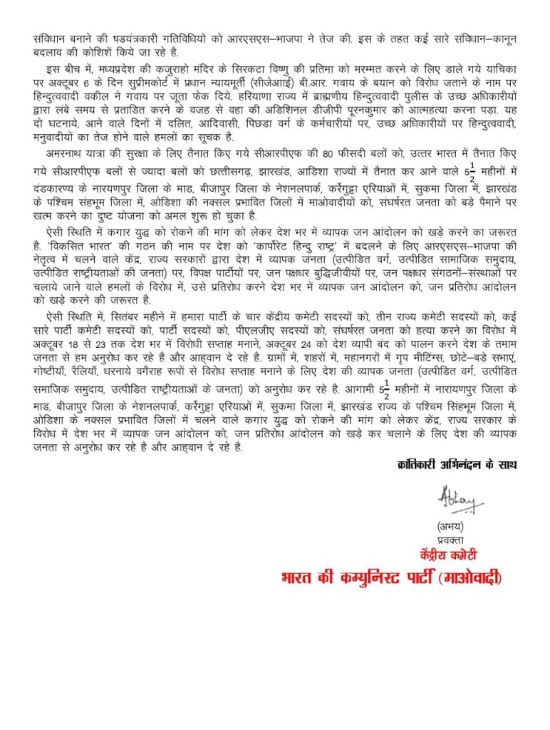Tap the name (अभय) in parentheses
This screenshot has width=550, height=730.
[452, 528]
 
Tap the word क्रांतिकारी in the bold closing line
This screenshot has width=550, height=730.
[419, 465]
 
